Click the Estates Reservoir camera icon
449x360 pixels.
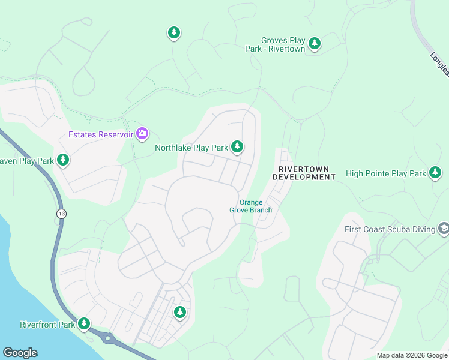142,133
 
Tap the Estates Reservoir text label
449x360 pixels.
100,134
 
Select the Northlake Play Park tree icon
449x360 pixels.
237,146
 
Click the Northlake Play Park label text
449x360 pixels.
191,148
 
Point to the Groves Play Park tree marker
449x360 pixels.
314,43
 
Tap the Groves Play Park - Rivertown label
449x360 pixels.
275,44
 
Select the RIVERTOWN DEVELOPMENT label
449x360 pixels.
304,173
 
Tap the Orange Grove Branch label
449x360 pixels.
250,206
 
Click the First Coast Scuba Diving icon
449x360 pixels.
443,228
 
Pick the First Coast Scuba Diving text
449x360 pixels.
390,229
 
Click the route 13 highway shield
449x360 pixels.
61,214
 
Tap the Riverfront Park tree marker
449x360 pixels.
84,324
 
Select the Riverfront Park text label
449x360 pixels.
47,325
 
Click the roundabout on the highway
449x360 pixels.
108,338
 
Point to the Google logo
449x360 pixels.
20,353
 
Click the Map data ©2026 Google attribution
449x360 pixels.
412,355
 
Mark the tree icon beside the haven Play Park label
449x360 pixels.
63,160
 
